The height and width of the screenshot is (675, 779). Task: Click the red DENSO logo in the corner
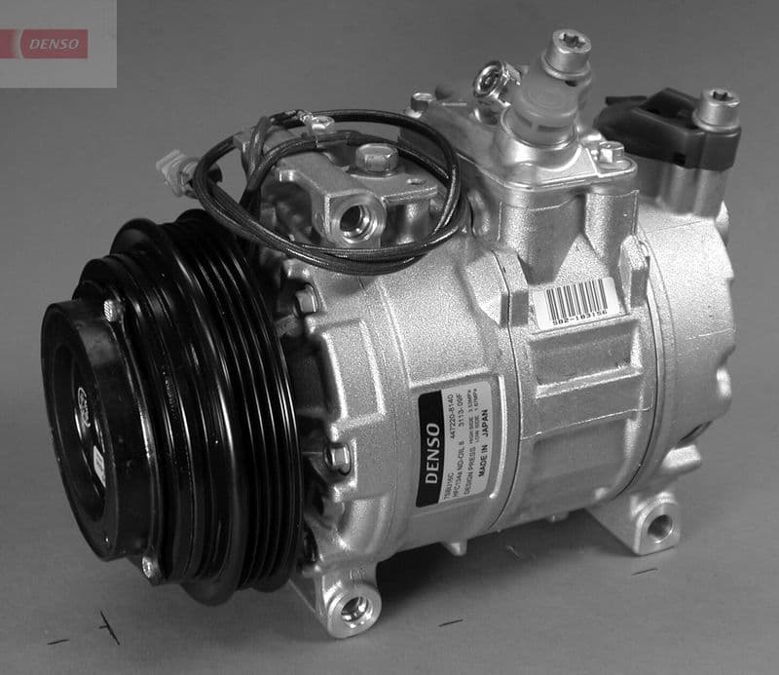click(55, 43)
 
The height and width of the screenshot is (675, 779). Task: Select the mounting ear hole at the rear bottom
click(659, 527)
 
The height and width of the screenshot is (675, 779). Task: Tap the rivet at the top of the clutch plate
click(111, 310)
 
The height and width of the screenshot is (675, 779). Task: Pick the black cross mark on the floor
click(109, 628)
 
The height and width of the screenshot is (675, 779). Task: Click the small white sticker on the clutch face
click(98, 469)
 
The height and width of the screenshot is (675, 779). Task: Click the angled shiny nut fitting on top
click(497, 81)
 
